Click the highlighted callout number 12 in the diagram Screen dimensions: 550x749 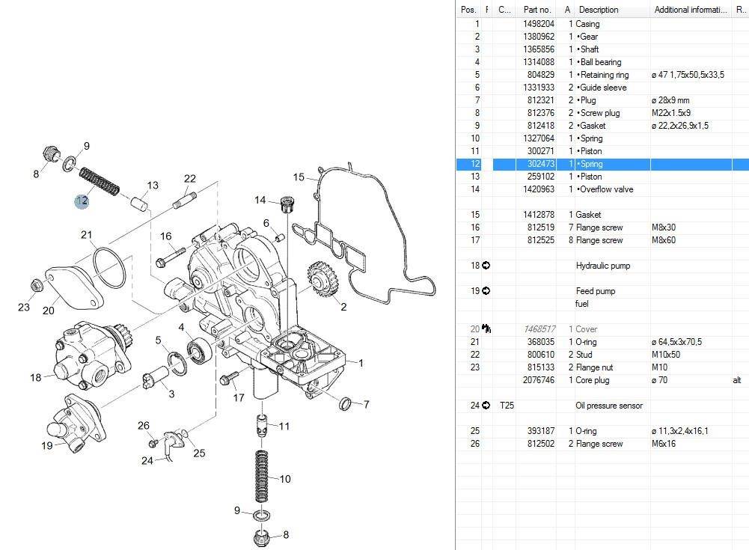(x=81, y=200)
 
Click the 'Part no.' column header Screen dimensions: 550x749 (x=537, y=10)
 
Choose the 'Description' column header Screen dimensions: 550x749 (x=599, y=10)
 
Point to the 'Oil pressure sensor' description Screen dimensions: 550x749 (x=609, y=406)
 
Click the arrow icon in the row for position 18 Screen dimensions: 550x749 (x=486, y=266)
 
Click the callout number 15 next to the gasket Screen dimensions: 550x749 (x=299, y=177)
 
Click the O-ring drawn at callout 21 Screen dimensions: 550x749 (x=110, y=269)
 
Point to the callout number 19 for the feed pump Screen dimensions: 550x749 (x=47, y=446)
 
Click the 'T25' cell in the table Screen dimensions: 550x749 (x=506, y=406)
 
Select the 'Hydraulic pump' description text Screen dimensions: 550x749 (x=603, y=266)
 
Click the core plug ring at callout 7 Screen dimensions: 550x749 (x=346, y=405)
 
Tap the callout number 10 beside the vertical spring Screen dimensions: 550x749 (x=284, y=479)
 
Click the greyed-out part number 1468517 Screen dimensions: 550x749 (x=539, y=329)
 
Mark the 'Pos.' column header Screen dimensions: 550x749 (x=468, y=10)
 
